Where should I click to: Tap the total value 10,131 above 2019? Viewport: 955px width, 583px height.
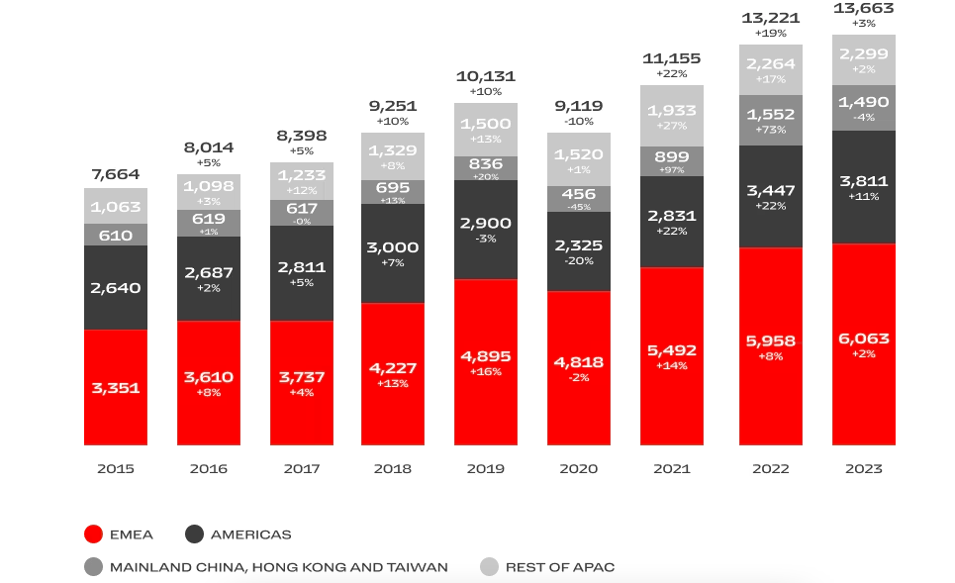tap(486, 76)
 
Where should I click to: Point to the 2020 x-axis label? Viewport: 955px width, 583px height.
tap(579, 468)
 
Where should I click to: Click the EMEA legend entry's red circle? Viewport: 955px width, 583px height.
tap(94, 534)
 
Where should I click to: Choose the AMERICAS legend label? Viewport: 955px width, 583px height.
tap(251, 534)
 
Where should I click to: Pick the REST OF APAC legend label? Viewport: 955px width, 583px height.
tap(560, 567)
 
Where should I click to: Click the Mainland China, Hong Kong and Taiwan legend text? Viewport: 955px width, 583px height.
tap(278, 567)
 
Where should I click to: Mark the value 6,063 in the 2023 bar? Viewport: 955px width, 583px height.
tap(864, 339)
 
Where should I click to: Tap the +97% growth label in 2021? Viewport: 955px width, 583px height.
tap(672, 170)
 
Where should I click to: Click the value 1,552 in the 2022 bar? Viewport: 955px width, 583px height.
tap(771, 114)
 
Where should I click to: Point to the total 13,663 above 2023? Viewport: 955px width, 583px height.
tap(864, 8)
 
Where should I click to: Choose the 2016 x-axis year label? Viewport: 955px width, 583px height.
tap(209, 468)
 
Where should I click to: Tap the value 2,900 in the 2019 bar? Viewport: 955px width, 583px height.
tap(486, 224)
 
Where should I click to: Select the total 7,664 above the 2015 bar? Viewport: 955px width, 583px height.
tap(116, 174)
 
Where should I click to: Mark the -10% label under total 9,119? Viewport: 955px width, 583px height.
tap(579, 121)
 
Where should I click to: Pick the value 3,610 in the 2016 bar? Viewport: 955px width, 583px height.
tap(209, 377)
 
